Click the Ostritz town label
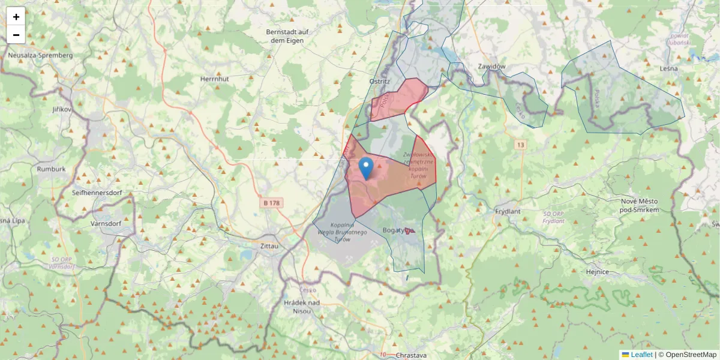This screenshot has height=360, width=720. point(379,81)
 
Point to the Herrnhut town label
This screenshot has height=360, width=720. point(215,79)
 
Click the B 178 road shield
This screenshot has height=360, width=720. point(271,203)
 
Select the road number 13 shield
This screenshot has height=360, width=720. point(519,145)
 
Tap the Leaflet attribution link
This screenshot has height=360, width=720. point(641,355)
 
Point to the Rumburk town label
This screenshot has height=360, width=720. point(50,169)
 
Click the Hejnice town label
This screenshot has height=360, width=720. point(598,272)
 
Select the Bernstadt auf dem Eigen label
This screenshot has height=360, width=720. point(287,36)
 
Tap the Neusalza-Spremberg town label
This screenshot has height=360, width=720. point(40,55)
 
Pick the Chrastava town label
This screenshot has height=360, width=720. point(411,355)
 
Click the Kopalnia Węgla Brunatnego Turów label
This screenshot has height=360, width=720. point(341,232)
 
